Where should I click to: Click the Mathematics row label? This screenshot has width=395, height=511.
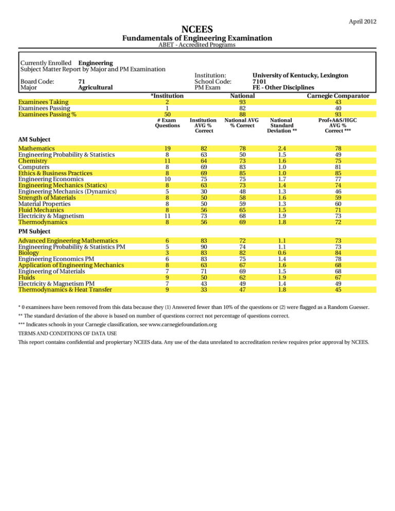(x=39, y=148)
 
